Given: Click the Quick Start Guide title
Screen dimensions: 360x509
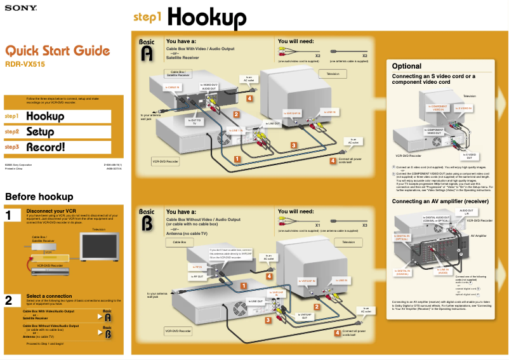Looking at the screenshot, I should (x=57, y=51).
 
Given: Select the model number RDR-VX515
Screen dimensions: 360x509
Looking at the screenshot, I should (x=25, y=64).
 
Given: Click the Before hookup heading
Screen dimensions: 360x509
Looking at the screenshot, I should (x=39, y=197).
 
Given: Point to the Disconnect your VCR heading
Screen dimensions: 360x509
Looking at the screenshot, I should (x=51, y=211).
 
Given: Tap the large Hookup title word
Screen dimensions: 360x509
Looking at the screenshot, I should (x=207, y=18).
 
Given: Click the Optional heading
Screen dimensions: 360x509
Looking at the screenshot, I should (x=407, y=66).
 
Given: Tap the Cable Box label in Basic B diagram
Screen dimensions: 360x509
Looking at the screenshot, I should (x=180, y=242).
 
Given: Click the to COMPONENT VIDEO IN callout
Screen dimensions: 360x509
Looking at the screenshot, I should (x=438, y=108).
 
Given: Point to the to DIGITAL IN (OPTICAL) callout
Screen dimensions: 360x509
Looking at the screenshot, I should (x=402, y=238).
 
